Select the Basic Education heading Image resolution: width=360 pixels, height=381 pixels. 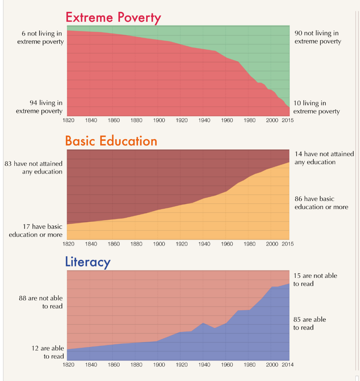pos(111,141)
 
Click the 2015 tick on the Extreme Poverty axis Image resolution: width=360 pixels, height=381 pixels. pos(287,120)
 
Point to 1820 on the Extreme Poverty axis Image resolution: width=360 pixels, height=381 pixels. pos(68,120)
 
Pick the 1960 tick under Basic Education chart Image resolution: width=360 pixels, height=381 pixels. pos(227,244)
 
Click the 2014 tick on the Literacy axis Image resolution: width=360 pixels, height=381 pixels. pos(287,365)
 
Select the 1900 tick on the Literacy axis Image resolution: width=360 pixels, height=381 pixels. pos(159,365)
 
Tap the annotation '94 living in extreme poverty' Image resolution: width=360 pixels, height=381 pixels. pos(40,107)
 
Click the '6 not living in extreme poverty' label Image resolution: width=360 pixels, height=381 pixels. pos(40,37)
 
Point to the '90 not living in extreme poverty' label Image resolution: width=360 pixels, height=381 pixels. pos(317,37)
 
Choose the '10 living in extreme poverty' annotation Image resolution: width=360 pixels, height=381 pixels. pos(316,107)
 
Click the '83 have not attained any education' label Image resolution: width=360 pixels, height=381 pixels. pos(34,167)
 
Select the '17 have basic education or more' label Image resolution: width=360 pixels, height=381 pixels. pos(36,230)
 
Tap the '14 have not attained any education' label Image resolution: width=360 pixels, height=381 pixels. pos(324,158)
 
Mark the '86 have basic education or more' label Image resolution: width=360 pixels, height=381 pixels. pos(321,203)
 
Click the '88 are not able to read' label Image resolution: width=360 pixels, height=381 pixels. pos(41,302)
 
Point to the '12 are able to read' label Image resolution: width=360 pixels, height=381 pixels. pos(48,352)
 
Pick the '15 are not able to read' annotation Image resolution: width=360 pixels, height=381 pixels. pos(315,280)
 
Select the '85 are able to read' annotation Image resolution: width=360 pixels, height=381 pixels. pos(310,323)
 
